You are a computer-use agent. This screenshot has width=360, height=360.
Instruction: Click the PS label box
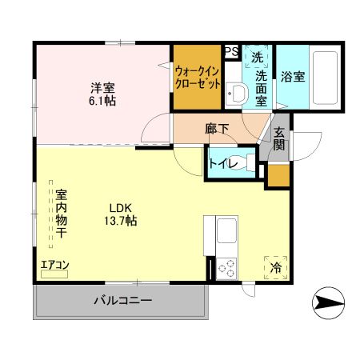231,52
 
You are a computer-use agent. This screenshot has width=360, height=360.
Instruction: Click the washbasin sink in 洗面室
235,94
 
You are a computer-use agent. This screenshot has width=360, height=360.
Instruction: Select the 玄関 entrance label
279,139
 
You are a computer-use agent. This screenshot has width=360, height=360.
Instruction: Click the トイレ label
222,164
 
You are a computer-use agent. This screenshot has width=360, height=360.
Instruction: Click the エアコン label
55,265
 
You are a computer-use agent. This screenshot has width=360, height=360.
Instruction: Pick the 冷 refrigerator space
275,266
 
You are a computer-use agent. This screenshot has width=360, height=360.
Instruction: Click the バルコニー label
122,302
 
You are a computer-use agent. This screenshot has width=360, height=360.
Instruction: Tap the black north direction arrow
326,302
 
